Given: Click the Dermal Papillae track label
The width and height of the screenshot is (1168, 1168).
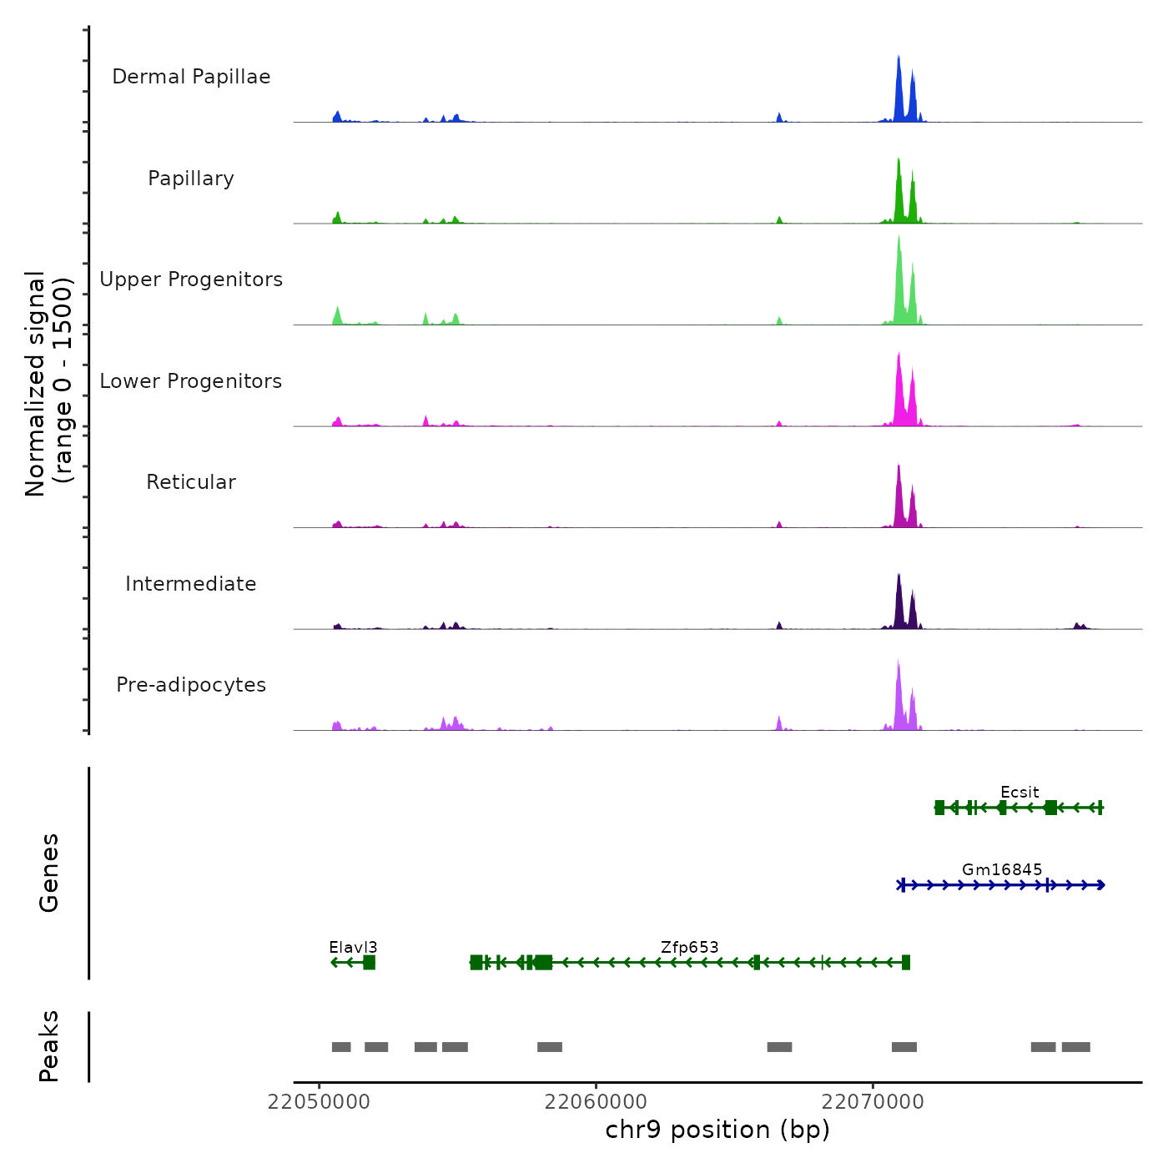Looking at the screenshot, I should (191, 77).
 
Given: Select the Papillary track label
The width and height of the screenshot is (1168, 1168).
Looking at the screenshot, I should (191, 179).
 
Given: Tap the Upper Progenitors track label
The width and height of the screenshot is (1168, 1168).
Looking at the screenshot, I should (191, 279).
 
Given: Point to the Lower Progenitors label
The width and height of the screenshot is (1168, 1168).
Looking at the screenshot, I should (191, 381).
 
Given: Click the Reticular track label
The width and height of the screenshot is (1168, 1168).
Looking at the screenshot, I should (191, 482).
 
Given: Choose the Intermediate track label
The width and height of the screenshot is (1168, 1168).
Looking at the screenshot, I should (191, 584).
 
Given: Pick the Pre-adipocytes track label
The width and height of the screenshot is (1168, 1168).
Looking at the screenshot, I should (191, 685).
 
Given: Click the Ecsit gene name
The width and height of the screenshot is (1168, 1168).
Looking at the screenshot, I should (1019, 792).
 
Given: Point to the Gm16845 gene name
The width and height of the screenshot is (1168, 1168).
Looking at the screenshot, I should (1002, 869).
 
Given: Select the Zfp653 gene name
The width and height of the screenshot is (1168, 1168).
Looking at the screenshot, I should (689, 947).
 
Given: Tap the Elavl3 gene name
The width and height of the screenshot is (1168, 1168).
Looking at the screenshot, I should (353, 947).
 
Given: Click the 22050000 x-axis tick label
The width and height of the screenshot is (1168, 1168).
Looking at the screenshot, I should (319, 1101).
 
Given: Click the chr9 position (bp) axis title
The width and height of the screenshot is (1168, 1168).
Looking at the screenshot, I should (717, 1130).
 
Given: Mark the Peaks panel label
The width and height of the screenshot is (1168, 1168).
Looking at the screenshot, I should (49, 1046).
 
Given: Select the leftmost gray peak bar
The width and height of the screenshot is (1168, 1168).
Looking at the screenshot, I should (341, 1047).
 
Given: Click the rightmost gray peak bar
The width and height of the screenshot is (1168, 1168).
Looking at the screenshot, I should (1075, 1047).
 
